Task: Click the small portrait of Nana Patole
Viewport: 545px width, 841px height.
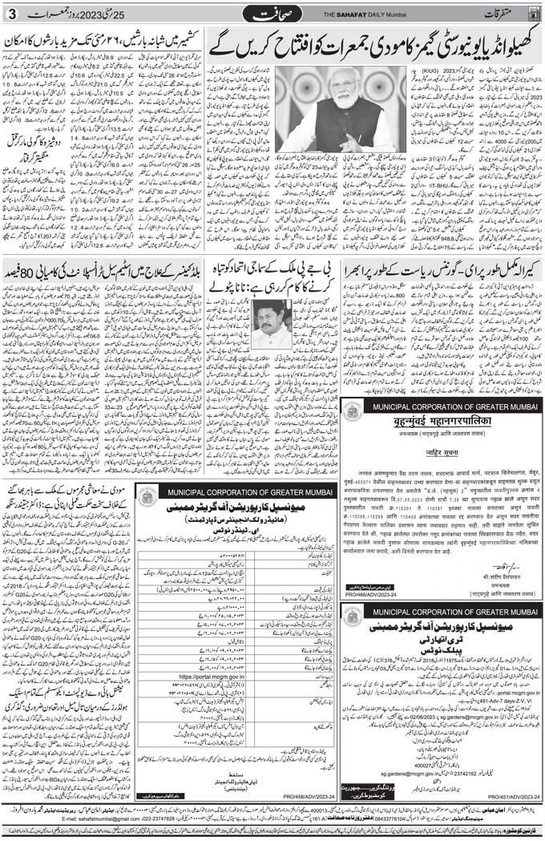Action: [272, 323]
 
